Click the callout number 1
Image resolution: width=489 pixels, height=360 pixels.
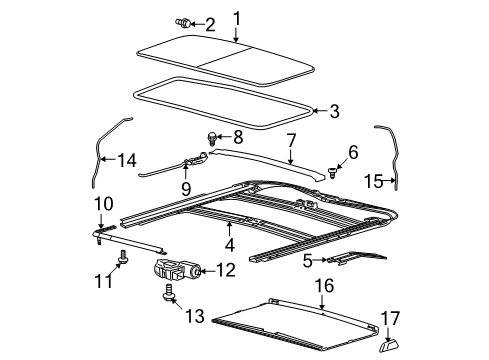click(x=236, y=19)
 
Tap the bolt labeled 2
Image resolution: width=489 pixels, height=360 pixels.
click(x=183, y=23)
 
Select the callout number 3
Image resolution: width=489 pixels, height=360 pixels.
click(x=334, y=111)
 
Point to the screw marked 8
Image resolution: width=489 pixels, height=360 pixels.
click(x=212, y=138)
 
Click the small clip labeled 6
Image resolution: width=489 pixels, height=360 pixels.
click(x=332, y=172)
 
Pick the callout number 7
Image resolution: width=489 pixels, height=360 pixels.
click(x=291, y=140)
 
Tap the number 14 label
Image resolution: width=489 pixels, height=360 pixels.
click(x=127, y=160)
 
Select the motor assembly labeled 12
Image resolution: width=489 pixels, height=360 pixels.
click(x=177, y=268)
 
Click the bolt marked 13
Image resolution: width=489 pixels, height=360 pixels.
click(x=169, y=294)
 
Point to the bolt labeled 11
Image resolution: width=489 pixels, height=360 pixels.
click(x=123, y=257)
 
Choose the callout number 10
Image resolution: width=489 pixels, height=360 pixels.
click(x=104, y=204)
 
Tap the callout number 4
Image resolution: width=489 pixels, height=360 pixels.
click(x=230, y=245)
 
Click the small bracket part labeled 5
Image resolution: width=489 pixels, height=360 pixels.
click(x=357, y=258)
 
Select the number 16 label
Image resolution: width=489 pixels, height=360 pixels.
click(x=324, y=286)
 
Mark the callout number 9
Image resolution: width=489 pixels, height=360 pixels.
click(x=186, y=188)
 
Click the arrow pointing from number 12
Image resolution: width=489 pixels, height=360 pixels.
click(x=208, y=271)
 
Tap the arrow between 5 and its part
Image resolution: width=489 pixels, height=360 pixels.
click(x=321, y=260)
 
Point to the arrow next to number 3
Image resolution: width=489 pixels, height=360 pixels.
click(x=321, y=111)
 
